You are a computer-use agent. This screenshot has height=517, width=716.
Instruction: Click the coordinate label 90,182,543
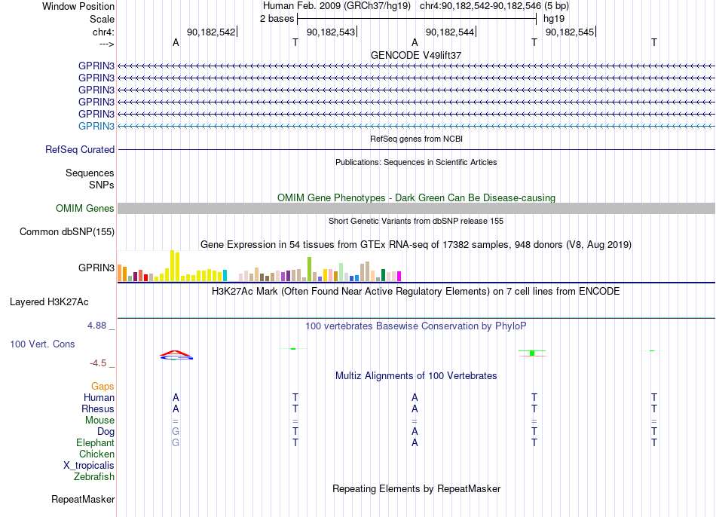[331, 32]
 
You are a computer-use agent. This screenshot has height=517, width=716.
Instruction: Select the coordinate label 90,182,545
[570, 32]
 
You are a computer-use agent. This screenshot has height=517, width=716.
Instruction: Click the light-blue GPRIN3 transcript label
[96, 126]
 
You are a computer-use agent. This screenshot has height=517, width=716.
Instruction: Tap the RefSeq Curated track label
[80, 149]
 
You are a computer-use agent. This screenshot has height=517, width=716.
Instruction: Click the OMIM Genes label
[85, 208]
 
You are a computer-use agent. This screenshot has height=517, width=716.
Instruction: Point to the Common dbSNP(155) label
[67, 231]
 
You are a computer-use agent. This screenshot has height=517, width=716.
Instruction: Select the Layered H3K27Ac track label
[49, 302]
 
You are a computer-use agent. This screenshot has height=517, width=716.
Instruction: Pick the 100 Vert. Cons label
[42, 344]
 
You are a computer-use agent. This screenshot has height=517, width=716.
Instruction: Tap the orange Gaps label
[103, 387]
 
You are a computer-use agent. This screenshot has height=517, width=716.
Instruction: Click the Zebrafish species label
[94, 476]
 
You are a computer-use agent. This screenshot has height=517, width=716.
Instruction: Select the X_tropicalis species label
[89, 466]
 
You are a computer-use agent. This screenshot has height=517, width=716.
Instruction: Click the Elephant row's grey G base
[176, 442]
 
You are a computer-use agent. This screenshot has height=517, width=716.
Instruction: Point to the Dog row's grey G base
[176, 431]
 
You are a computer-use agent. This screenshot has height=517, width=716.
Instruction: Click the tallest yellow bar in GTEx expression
[173, 265]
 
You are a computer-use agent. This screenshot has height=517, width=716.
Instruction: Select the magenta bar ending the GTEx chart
[399, 276]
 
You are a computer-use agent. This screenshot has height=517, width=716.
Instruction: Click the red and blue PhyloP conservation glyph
[176, 355]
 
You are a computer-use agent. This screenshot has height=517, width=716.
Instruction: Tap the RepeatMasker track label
[83, 499]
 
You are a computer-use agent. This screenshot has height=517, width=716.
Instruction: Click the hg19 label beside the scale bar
[554, 19]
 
